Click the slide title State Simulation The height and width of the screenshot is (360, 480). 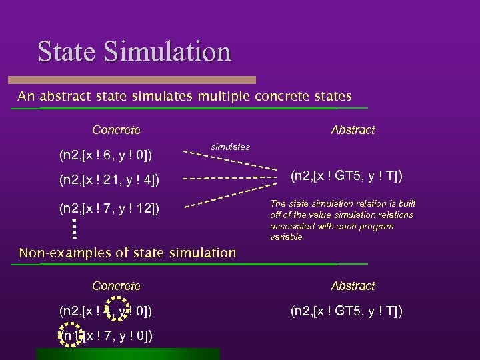tap(134, 52)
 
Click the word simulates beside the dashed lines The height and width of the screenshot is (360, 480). tap(230, 147)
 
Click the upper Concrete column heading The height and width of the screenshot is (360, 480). tap(116, 130)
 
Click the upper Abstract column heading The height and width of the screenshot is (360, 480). tap(353, 130)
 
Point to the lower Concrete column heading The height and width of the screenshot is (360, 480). tap(116, 286)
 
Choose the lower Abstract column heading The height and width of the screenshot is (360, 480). tap(353, 286)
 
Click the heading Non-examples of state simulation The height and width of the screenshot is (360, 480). tap(127, 253)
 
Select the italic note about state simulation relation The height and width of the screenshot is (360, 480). tap(341, 221)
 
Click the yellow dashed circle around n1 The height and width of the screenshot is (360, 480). tap(71, 335)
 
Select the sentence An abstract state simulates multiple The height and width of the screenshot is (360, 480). tap(185, 97)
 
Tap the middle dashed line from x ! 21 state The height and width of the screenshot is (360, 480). tap(229, 179)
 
